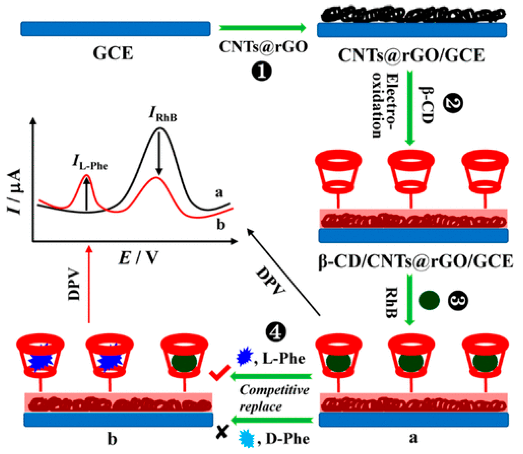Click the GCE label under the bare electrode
113,53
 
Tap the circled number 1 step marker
261,71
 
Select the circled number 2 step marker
453,104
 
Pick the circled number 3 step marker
458,301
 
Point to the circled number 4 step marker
276,332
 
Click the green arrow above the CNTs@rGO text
262,28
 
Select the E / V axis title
139,258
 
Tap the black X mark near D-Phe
222,432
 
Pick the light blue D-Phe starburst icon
247,439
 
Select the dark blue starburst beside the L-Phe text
244,357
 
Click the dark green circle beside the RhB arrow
429,301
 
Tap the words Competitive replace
274,398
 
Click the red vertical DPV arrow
89,284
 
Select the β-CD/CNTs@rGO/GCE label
415,262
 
